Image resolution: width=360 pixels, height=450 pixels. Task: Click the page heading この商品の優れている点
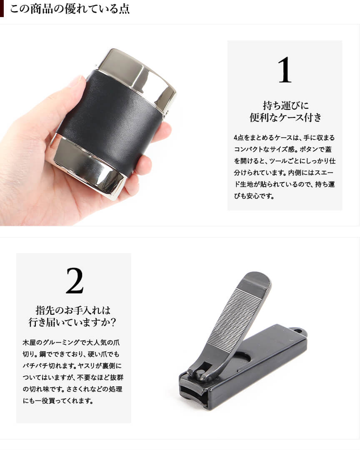[70, 9]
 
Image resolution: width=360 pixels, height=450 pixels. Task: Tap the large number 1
[285, 70]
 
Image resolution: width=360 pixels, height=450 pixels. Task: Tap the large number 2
[75, 281]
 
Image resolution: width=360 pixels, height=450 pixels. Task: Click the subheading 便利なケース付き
[285, 117]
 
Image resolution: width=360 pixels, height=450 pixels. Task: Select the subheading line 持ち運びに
[286, 105]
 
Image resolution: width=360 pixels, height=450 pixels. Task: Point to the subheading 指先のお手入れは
[73, 310]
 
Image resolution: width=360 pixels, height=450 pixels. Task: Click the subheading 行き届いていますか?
[72, 322]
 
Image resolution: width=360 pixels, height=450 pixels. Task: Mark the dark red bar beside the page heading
[2, 9]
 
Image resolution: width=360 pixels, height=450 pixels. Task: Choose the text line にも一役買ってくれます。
[58, 400]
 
